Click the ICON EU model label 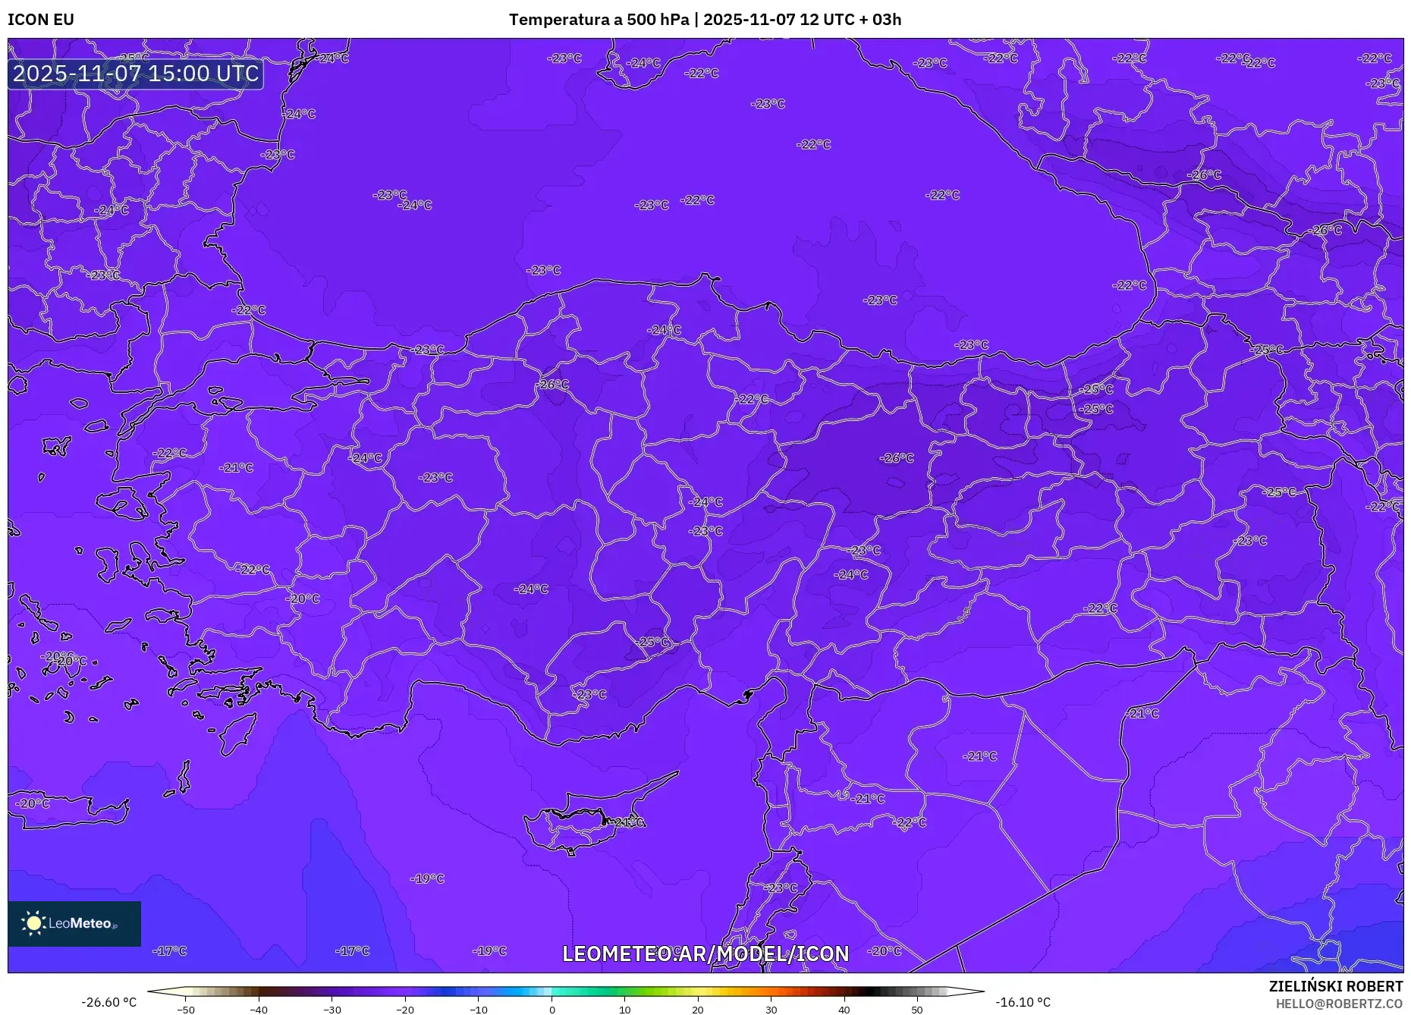tap(41, 20)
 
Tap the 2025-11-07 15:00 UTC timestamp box tap(136, 74)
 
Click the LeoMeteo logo tap(74, 923)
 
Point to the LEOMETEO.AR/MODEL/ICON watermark tap(705, 954)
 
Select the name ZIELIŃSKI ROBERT tap(1335, 986)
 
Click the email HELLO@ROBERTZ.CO tap(1339, 1004)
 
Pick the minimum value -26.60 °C tap(109, 1002)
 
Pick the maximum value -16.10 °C tap(1023, 1002)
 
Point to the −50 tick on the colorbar tap(186, 1009)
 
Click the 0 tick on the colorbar tap(552, 1009)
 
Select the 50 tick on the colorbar tap(917, 1009)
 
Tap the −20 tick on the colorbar tap(405, 1009)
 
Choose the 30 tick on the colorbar tap(771, 1009)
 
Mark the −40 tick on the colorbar tap(259, 1009)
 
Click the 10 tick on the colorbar tap(625, 1009)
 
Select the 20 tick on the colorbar tap(698, 1009)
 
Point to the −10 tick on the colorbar tap(479, 1009)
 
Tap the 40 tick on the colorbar tap(844, 1009)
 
